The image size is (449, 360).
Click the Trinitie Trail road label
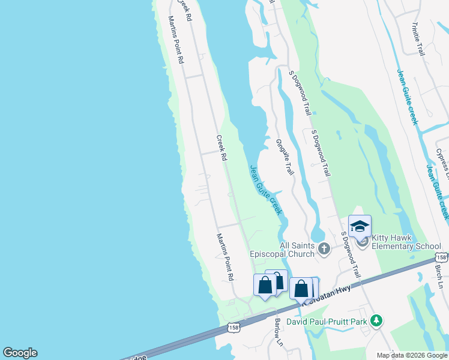pos(418,40)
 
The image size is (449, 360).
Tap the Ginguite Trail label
pos(285,157)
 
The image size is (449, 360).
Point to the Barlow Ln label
pos(279,332)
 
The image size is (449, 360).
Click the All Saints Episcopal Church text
pos(298,250)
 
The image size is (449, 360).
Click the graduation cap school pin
pos(360,226)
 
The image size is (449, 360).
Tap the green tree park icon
pos(376,320)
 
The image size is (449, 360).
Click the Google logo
pos(20,353)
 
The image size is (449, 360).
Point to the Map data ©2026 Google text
pos(412,355)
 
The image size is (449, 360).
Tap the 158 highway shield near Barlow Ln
pos(234,328)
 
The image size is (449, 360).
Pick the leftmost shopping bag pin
pos(264,286)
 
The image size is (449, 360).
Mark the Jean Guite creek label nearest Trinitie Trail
pos(406,97)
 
